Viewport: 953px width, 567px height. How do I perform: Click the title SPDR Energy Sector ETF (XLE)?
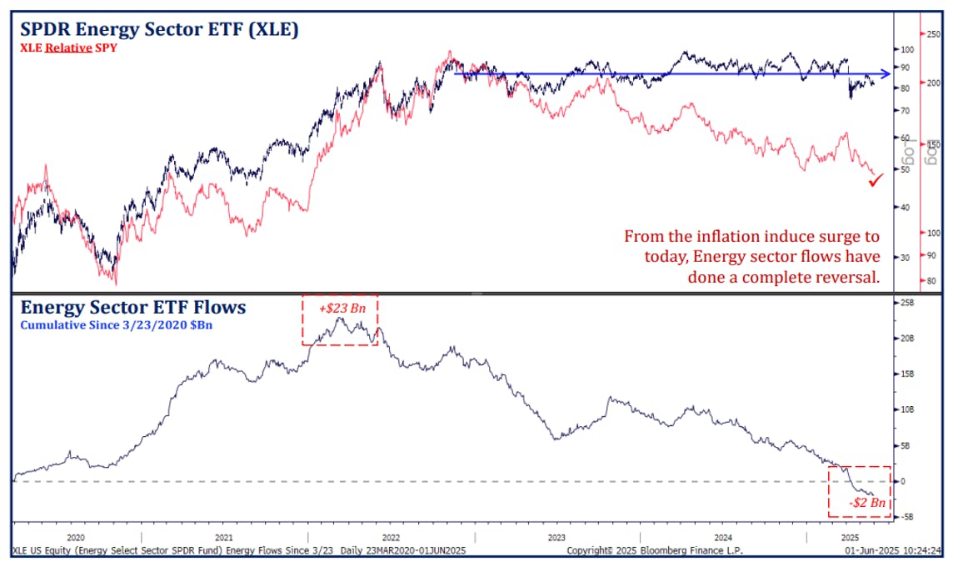point(160,29)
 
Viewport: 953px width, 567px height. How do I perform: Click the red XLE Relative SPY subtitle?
point(68,48)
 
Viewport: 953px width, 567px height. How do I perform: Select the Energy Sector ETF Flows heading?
point(133,307)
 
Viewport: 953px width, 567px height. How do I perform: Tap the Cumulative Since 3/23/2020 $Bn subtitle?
point(117,324)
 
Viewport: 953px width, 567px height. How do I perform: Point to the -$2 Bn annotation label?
point(867,504)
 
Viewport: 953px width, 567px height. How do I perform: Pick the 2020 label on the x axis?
point(76,538)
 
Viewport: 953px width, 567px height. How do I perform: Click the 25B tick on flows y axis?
point(907,303)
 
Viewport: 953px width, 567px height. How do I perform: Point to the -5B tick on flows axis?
point(907,517)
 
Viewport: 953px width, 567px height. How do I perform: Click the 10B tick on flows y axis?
point(907,409)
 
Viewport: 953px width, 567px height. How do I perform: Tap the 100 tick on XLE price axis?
point(907,50)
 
